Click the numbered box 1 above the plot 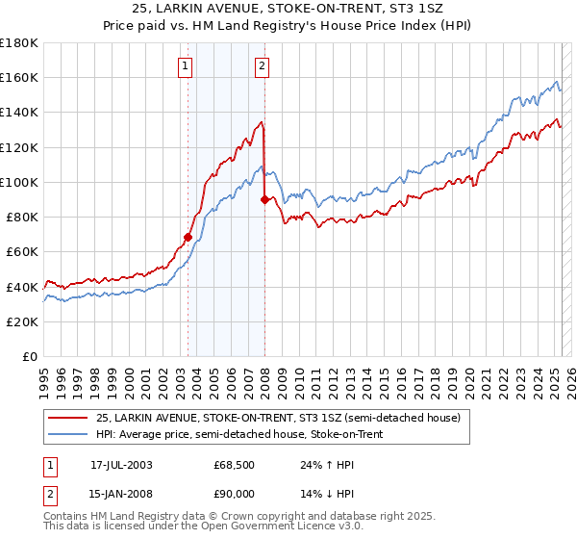tap(184, 66)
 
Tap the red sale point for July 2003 tap(188, 237)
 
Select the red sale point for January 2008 tap(264, 200)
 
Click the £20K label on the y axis tap(21, 321)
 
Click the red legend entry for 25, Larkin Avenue tap(279, 418)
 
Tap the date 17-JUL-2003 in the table tap(121, 465)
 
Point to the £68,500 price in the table tap(234, 465)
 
